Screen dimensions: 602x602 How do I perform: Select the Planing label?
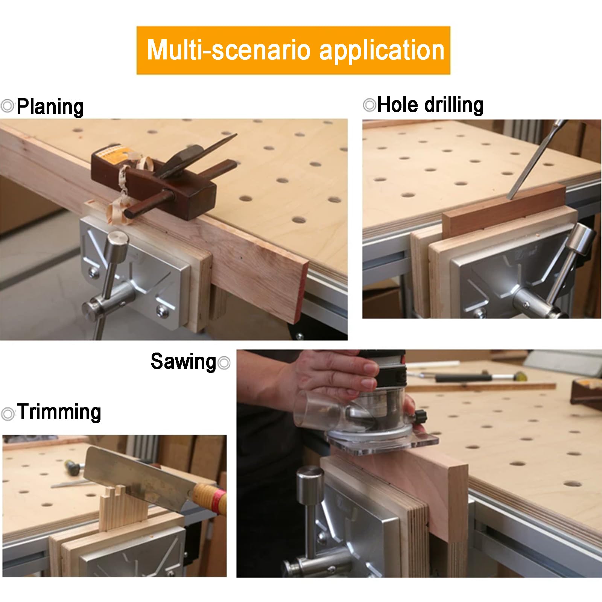coord(50,107)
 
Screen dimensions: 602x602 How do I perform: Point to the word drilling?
coord(454,105)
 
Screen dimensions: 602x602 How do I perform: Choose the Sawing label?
coord(183,362)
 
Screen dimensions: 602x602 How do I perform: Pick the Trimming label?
coord(59,412)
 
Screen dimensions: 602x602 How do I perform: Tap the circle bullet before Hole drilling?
coord(369,105)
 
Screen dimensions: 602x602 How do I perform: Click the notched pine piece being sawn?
coord(122,508)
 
